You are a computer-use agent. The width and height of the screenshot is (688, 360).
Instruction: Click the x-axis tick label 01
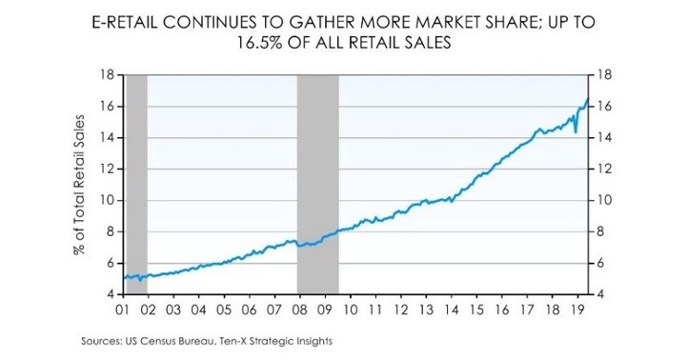point(122,310)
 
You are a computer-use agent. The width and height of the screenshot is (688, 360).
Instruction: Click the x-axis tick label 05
point(224,310)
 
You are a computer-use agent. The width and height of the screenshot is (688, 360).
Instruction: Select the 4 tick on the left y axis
point(108,294)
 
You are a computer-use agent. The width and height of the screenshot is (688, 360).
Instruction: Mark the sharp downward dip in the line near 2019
point(576,132)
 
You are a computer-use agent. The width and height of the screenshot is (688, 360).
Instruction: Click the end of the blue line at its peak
point(588,99)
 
